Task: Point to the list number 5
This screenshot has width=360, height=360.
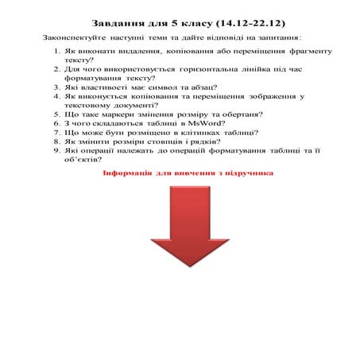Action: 58,114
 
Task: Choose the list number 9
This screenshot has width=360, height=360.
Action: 58,149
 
